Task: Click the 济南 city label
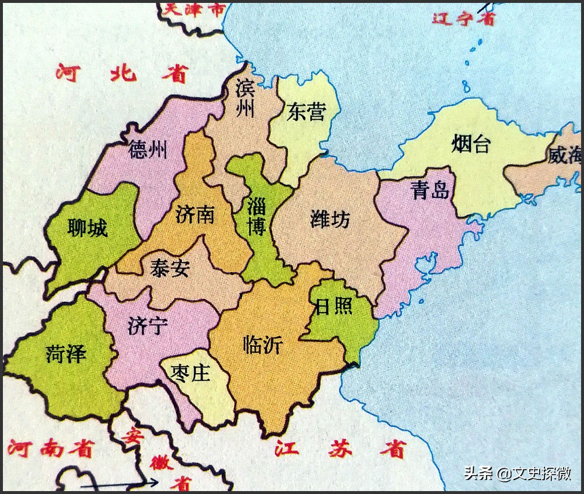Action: click(194, 214)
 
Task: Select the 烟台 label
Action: click(471, 144)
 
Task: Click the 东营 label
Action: click(305, 112)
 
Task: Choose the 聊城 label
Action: click(88, 228)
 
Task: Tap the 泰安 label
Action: click(169, 269)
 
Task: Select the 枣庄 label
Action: click(192, 372)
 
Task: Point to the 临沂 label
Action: click(263, 345)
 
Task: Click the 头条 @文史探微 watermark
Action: click(517, 472)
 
